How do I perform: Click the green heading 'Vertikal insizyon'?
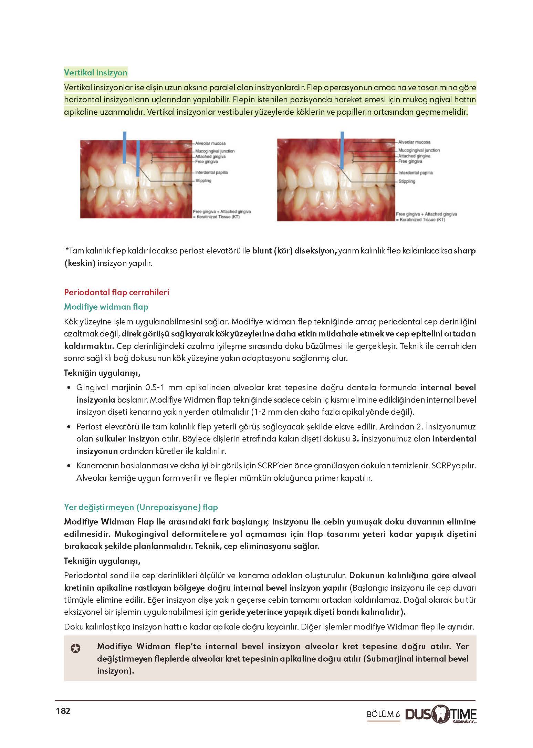tap(96, 73)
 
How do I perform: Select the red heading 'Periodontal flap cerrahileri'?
tap(116, 292)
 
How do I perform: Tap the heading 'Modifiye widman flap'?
tap(106, 307)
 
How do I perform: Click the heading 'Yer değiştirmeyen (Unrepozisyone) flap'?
tap(141, 507)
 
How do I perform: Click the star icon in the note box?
tap(76, 649)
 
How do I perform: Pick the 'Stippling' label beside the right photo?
tap(407, 181)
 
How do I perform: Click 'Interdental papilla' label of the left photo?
tap(211, 173)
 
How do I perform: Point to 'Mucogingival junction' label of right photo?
tap(419, 150)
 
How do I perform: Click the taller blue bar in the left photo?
tap(125, 147)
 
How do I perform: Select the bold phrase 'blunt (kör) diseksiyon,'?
tap(294, 251)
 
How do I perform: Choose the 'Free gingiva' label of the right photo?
tap(410, 161)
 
